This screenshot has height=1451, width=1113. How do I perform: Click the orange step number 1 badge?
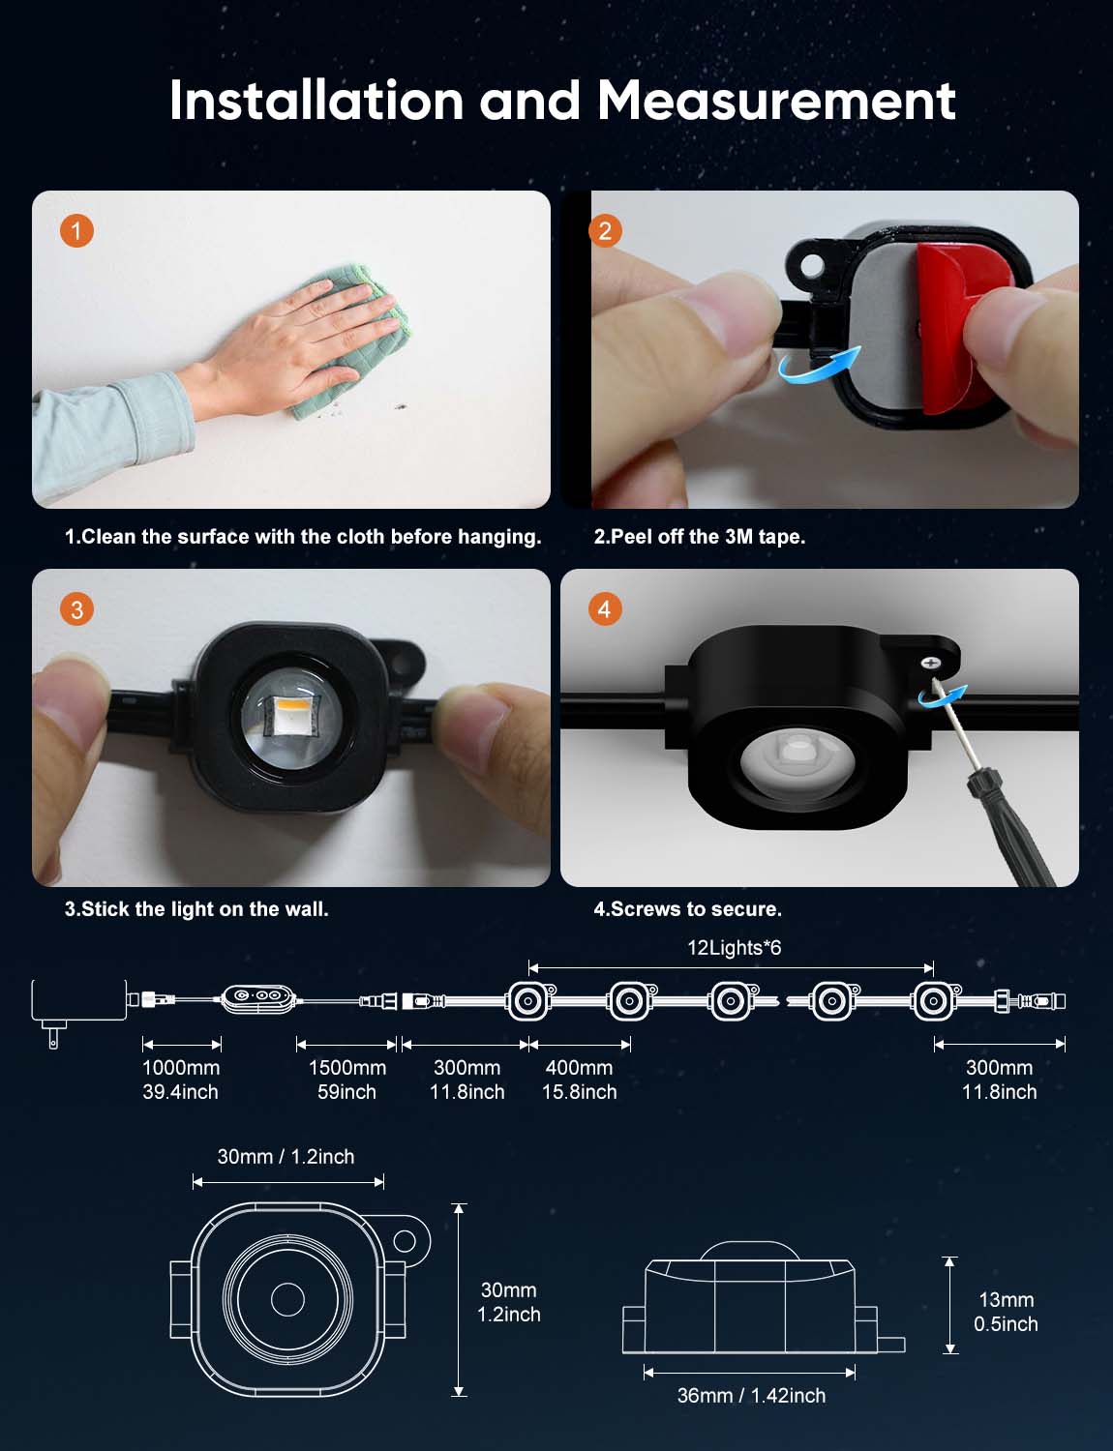[x=76, y=231]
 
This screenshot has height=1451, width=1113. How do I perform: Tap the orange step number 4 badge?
[x=605, y=609]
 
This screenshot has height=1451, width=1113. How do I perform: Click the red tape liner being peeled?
[x=962, y=327]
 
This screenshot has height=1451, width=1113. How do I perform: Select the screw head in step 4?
[x=929, y=663]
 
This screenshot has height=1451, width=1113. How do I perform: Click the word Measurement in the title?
[x=776, y=101]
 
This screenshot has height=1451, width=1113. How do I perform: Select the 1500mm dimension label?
[x=347, y=1068]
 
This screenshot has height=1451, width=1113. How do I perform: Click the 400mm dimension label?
[x=579, y=1068]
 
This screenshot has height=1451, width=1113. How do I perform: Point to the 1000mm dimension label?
[x=181, y=1068]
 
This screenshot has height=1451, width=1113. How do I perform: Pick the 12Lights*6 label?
[x=735, y=948]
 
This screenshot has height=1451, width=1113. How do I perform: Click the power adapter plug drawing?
[x=78, y=1007]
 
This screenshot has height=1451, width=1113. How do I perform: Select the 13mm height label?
[x=1007, y=1300]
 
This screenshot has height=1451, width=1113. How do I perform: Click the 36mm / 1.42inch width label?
[x=752, y=1396]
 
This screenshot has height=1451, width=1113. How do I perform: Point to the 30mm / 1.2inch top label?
[x=286, y=1157]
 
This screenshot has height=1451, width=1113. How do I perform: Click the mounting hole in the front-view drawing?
[x=405, y=1241]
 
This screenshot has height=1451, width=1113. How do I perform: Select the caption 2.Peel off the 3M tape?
[x=700, y=537]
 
